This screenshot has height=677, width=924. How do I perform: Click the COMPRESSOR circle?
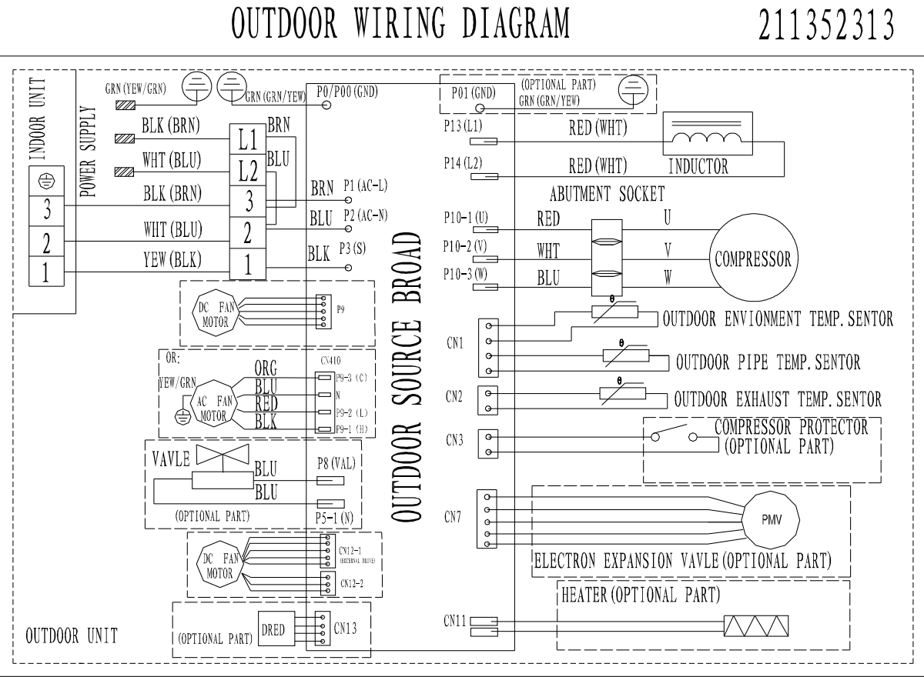752,258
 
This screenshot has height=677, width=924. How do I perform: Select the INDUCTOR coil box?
708,135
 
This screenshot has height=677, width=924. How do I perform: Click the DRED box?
273,630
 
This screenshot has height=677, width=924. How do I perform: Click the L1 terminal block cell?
248,139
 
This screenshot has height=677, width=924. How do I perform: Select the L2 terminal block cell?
248,171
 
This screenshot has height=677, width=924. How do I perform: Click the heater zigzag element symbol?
755,628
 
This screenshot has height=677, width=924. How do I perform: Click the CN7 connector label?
454,515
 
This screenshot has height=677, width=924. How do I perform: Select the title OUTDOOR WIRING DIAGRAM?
400,24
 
